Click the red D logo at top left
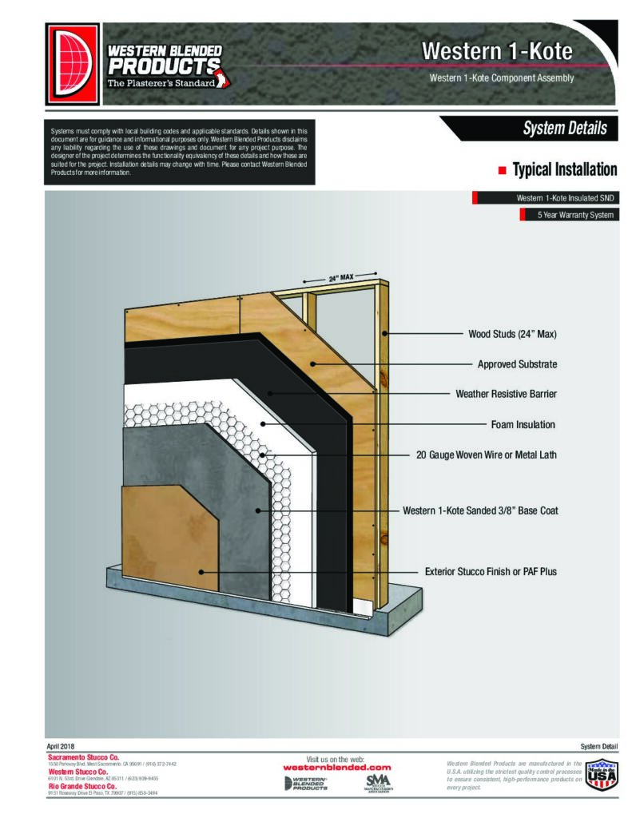pos(73,63)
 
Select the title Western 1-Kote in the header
pos(497,51)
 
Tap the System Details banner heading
pos(564,129)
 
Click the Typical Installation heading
pos(564,170)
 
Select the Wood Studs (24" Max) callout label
pos(512,334)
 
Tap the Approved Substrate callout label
pos(517,364)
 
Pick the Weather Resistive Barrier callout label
pos(506,395)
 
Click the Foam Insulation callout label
pos(523,425)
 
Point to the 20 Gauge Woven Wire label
pos(487,455)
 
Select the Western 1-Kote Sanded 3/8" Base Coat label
pos(480,510)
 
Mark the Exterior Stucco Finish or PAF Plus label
pos(491,572)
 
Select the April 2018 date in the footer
pos(61,745)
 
